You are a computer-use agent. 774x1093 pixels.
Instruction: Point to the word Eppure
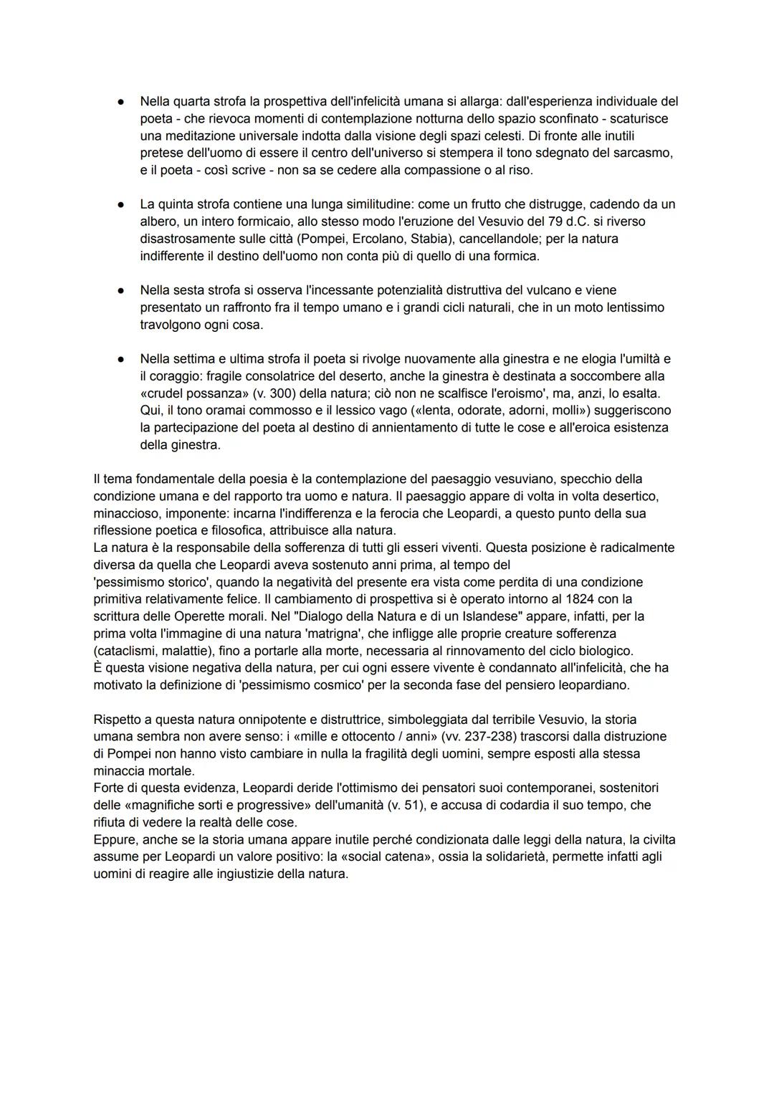coord(114,840)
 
